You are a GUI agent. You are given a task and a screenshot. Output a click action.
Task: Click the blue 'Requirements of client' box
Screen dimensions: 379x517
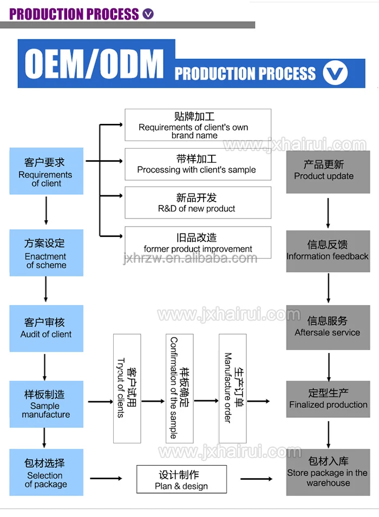[46, 171]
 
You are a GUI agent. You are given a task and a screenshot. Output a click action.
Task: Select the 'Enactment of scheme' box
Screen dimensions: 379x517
[46, 253]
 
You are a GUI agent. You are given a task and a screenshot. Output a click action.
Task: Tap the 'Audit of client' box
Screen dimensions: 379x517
[46, 328]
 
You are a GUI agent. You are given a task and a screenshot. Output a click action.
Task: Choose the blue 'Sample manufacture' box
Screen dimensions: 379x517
[46, 404]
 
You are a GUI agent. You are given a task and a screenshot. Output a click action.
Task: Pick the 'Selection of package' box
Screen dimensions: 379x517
[46, 472]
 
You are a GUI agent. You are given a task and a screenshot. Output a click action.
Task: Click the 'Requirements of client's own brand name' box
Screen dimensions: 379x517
[198, 125]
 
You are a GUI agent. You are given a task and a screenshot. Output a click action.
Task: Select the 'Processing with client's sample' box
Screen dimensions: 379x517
[198, 164]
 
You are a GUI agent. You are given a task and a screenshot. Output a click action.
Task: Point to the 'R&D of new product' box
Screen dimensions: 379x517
[198, 203]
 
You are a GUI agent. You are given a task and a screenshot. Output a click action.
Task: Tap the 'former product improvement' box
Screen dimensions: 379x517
[198, 242]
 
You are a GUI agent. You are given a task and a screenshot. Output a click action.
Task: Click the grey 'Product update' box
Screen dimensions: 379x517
[328, 172]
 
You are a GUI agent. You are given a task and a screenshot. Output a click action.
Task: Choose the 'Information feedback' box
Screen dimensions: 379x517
[328, 251]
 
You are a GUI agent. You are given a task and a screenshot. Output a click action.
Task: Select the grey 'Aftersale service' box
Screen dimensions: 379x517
[328, 327]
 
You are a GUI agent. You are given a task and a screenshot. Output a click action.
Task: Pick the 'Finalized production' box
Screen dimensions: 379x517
[328, 399]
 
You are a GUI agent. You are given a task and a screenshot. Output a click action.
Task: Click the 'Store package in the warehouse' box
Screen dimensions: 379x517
[328, 472]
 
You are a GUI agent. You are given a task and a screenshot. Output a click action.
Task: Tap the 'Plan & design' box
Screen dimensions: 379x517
[181, 479]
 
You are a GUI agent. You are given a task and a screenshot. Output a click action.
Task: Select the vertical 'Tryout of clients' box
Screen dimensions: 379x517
[127, 388]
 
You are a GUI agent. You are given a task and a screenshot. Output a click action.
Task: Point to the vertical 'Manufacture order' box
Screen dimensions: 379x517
[232, 388]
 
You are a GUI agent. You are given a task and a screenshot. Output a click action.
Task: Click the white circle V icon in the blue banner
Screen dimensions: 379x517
[335, 73]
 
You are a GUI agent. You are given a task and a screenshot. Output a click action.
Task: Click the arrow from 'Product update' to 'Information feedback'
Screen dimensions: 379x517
[328, 213]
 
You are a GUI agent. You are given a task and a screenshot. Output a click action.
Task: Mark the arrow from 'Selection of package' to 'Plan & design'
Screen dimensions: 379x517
[106, 479]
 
